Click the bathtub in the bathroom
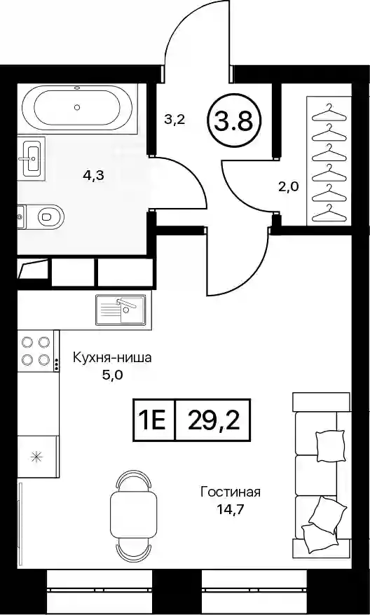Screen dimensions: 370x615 click(x=78, y=107)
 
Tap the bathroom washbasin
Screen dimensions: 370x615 click(x=32, y=158)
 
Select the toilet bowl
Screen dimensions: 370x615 click(x=46, y=216)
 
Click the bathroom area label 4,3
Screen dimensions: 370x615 click(x=93, y=176)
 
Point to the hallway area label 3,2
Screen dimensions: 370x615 click(x=174, y=120)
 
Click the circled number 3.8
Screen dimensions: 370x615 click(x=233, y=121)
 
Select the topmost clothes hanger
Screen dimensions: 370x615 click(x=330, y=111)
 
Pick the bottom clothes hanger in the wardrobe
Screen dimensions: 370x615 click(x=330, y=213)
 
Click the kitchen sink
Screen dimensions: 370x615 click(x=121, y=310)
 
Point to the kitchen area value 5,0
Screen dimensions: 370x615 click(x=113, y=375)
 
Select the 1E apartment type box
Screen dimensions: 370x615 click(x=153, y=420)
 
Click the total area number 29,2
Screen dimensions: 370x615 click(x=214, y=420)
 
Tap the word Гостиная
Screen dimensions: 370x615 click(x=231, y=492)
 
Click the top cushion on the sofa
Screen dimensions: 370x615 click(x=330, y=444)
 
